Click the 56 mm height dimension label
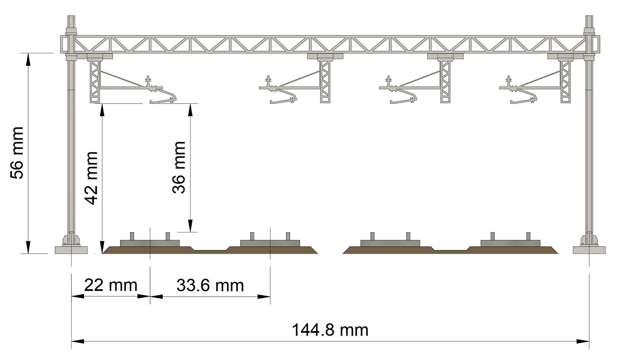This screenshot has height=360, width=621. (x=17, y=153)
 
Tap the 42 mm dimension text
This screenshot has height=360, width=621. (x=92, y=178)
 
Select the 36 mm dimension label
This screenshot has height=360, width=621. (x=178, y=167)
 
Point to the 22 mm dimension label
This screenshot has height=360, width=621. (x=111, y=285)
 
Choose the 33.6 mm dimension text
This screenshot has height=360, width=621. (x=210, y=286)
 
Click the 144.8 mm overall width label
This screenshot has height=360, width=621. (x=330, y=330)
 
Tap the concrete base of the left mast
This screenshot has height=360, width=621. (x=71, y=250)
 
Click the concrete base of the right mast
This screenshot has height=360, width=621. (x=589, y=250)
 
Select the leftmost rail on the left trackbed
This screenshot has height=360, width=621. (x=132, y=236)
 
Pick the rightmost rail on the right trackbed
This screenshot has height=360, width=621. (x=528, y=236)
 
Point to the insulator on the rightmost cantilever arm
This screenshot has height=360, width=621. (x=508, y=81)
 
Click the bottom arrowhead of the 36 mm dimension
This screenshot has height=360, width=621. (x=190, y=226)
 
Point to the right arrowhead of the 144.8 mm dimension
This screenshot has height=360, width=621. (x=583, y=341)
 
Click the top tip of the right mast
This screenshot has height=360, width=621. (x=589, y=16)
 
